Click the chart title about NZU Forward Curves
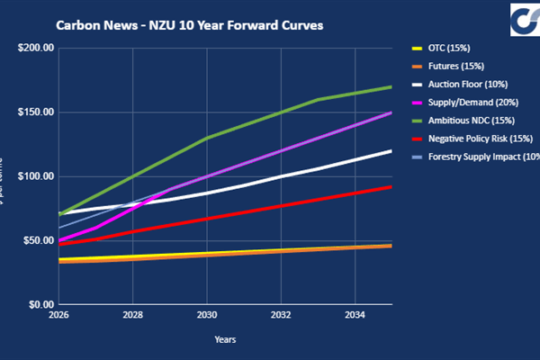coord(190,25)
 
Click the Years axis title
coord(225,339)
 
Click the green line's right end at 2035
coord(391,87)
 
